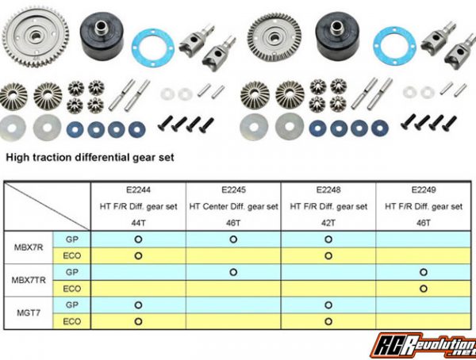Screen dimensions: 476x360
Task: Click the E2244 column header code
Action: coord(138,190)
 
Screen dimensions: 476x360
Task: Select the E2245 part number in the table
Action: coord(233,190)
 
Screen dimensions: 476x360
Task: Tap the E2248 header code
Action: coord(328,190)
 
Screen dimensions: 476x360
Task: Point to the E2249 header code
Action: coord(424,190)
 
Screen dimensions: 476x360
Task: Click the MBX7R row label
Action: coord(29,247)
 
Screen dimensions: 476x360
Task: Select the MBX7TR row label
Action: coord(29,280)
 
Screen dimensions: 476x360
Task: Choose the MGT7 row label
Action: coord(29,313)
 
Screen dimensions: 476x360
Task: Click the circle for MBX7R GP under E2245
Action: coord(233,239)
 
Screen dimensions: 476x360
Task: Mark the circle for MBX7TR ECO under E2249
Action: coord(424,289)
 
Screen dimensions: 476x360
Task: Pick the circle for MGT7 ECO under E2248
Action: coord(328,321)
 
